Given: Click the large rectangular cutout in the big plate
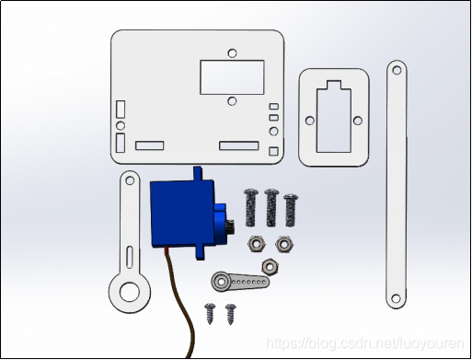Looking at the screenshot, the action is point(232,77).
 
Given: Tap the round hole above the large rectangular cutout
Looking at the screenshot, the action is point(232,52).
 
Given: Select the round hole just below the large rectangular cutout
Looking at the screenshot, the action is point(232,100).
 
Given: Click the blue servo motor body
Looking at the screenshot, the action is point(182,214).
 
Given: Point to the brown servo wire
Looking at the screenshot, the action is point(181,302).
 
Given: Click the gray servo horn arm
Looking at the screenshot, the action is point(240,281).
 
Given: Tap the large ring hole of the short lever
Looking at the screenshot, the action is point(130,292).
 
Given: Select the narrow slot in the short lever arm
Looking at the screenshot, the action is point(130,257).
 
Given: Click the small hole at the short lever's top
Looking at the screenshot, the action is point(130,180).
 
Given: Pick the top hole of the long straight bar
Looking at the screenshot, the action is point(397,70).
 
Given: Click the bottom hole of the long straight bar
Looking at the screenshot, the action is point(396,298).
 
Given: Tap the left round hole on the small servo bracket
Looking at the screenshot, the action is point(310,121).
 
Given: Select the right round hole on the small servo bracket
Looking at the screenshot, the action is point(358,121).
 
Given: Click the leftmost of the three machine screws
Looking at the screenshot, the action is point(250,207).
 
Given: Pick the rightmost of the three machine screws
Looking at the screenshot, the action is point(291,210).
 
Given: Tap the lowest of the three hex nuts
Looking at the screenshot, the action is point(270,266).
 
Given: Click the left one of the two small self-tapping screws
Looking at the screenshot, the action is point(211,313).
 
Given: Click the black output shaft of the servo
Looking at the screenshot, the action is point(231,227).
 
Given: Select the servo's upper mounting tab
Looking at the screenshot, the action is point(198,173).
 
